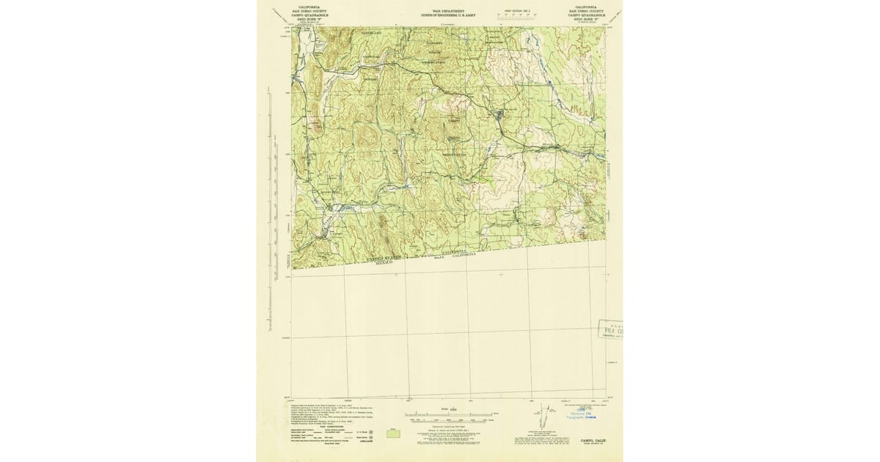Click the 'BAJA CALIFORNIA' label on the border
click(x=455, y=254)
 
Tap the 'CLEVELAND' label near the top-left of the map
click(x=371, y=34)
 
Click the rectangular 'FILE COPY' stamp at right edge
click(x=610, y=331)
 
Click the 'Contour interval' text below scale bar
click(x=449, y=425)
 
